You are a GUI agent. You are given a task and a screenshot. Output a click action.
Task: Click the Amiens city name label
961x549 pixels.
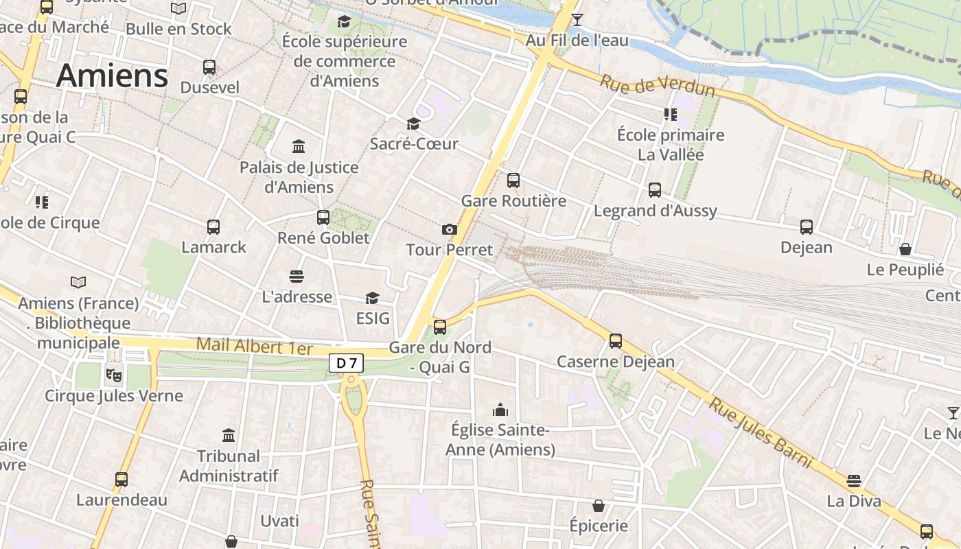pos(112,75)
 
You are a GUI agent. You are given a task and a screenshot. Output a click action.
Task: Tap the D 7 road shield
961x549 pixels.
pos(346,362)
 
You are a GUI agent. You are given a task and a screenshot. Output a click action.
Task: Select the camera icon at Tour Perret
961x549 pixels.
pos(450,229)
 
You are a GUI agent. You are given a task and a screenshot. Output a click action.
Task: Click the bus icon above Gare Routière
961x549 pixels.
pos(513,180)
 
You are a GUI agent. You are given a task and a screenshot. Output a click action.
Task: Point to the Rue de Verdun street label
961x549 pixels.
pos(657,86)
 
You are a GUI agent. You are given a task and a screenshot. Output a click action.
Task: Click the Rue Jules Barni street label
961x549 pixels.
pos(761,433)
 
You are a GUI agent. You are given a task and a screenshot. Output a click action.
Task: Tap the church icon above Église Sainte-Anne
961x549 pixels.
pos(500,410)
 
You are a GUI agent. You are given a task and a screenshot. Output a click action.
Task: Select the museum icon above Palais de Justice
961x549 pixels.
pos(299,146)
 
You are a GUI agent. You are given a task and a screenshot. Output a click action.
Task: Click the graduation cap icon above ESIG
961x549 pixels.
pos(372,297)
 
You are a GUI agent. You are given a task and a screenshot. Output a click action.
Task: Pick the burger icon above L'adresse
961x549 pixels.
pos(297,276)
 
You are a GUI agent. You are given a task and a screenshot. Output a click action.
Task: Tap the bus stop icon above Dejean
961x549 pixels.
pos(807,226)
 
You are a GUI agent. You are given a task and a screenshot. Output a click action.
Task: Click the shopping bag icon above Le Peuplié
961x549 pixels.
pos(905,249)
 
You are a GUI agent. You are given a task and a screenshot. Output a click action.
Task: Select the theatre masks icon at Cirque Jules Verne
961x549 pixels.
pos(113,375)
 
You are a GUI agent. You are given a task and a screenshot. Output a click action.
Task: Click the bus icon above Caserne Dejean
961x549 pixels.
pos(616,340)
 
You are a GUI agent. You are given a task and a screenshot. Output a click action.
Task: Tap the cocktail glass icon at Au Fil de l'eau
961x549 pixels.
pos(577,19)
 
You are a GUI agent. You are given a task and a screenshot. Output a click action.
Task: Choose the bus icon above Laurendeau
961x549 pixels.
pos(121,479)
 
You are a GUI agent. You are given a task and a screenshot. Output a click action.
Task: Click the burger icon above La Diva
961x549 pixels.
pos(854,480)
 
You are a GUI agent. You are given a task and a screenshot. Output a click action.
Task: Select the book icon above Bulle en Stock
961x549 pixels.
pos(178,9)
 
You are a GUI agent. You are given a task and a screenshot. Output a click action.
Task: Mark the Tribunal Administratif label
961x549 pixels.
pos(229,465)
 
